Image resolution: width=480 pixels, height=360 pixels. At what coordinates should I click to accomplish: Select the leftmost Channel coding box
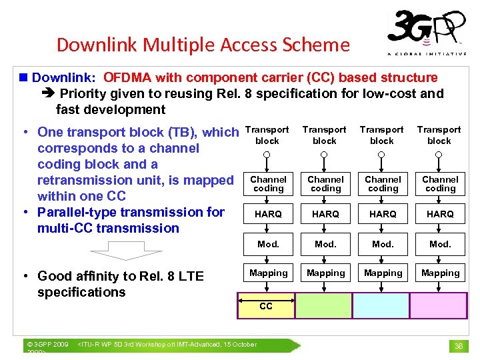pyautogui.click(x=268, y=184)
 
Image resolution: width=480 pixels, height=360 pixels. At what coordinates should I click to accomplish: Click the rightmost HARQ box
pyautogui.click(x=440, y=214)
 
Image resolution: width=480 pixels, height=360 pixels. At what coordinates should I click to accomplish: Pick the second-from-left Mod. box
pyautogui.click(x=325, y=244)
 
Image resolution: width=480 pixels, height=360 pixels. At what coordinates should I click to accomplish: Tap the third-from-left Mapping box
pyautogui.click(x=383, y=273)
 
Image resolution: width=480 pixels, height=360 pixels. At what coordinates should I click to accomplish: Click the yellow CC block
pyautogui.click(x=266, y=306)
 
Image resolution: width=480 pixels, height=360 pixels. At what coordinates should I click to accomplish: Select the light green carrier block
pyautogui.click(x=323, y=306)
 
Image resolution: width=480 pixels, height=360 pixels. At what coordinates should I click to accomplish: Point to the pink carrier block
pyautogui.click(x=438, y=306)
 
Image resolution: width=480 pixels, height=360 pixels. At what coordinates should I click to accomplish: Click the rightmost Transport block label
pyautogui.click(x=439, y=135)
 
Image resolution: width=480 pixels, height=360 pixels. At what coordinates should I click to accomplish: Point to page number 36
pyautogui.click(x=459, y=346)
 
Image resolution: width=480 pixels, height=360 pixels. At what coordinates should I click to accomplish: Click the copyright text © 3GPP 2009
pyautogui.click(x=47, y=345)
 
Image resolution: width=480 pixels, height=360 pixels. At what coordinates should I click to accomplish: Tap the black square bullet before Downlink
pyautogui.click(x=25, y=78)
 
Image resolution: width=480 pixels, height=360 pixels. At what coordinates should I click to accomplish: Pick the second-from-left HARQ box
pyautogui.click(x=325, y=214)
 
